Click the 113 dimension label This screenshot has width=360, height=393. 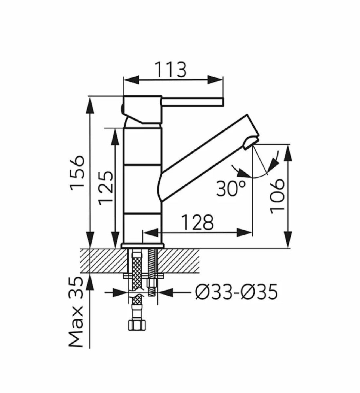171,69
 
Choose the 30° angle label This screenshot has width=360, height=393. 231,189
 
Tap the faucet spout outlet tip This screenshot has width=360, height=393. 251,142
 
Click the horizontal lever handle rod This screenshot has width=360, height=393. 192,102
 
